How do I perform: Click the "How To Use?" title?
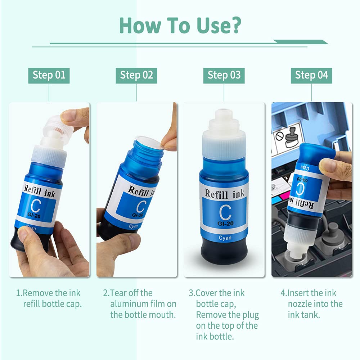tap(180, 25)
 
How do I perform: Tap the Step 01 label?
tap(49, 75)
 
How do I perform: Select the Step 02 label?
tap(136, 75)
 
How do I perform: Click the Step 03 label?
tap(224, 75)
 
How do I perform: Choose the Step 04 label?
tap(311, 75)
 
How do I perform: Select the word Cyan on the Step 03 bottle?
tap(225, 238)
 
